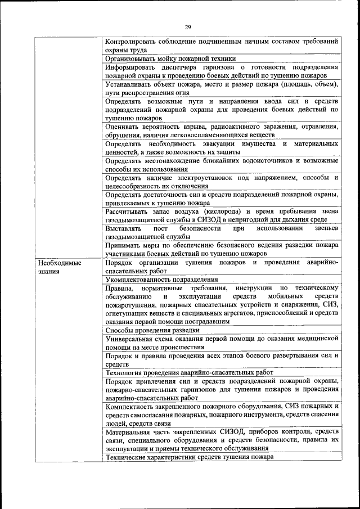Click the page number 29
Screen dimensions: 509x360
(188, 27)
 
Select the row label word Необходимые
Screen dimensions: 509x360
(59, 263)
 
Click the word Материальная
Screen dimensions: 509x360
(131, 432)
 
